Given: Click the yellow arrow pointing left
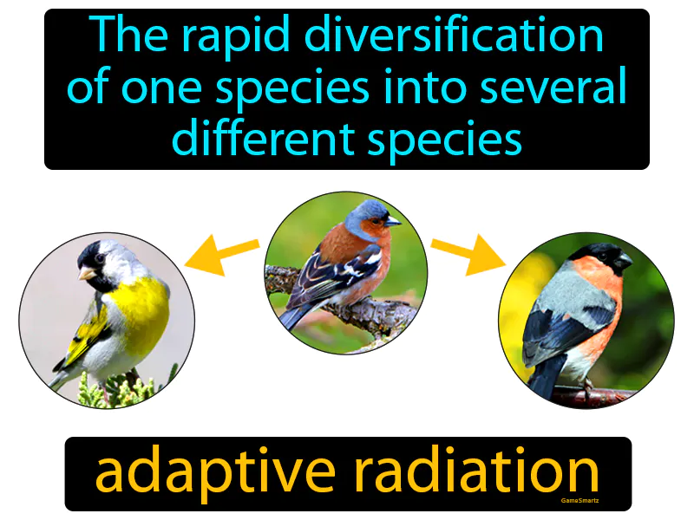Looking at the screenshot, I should (x=221, y=255).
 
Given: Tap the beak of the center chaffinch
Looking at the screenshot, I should (x=393, y=221).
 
